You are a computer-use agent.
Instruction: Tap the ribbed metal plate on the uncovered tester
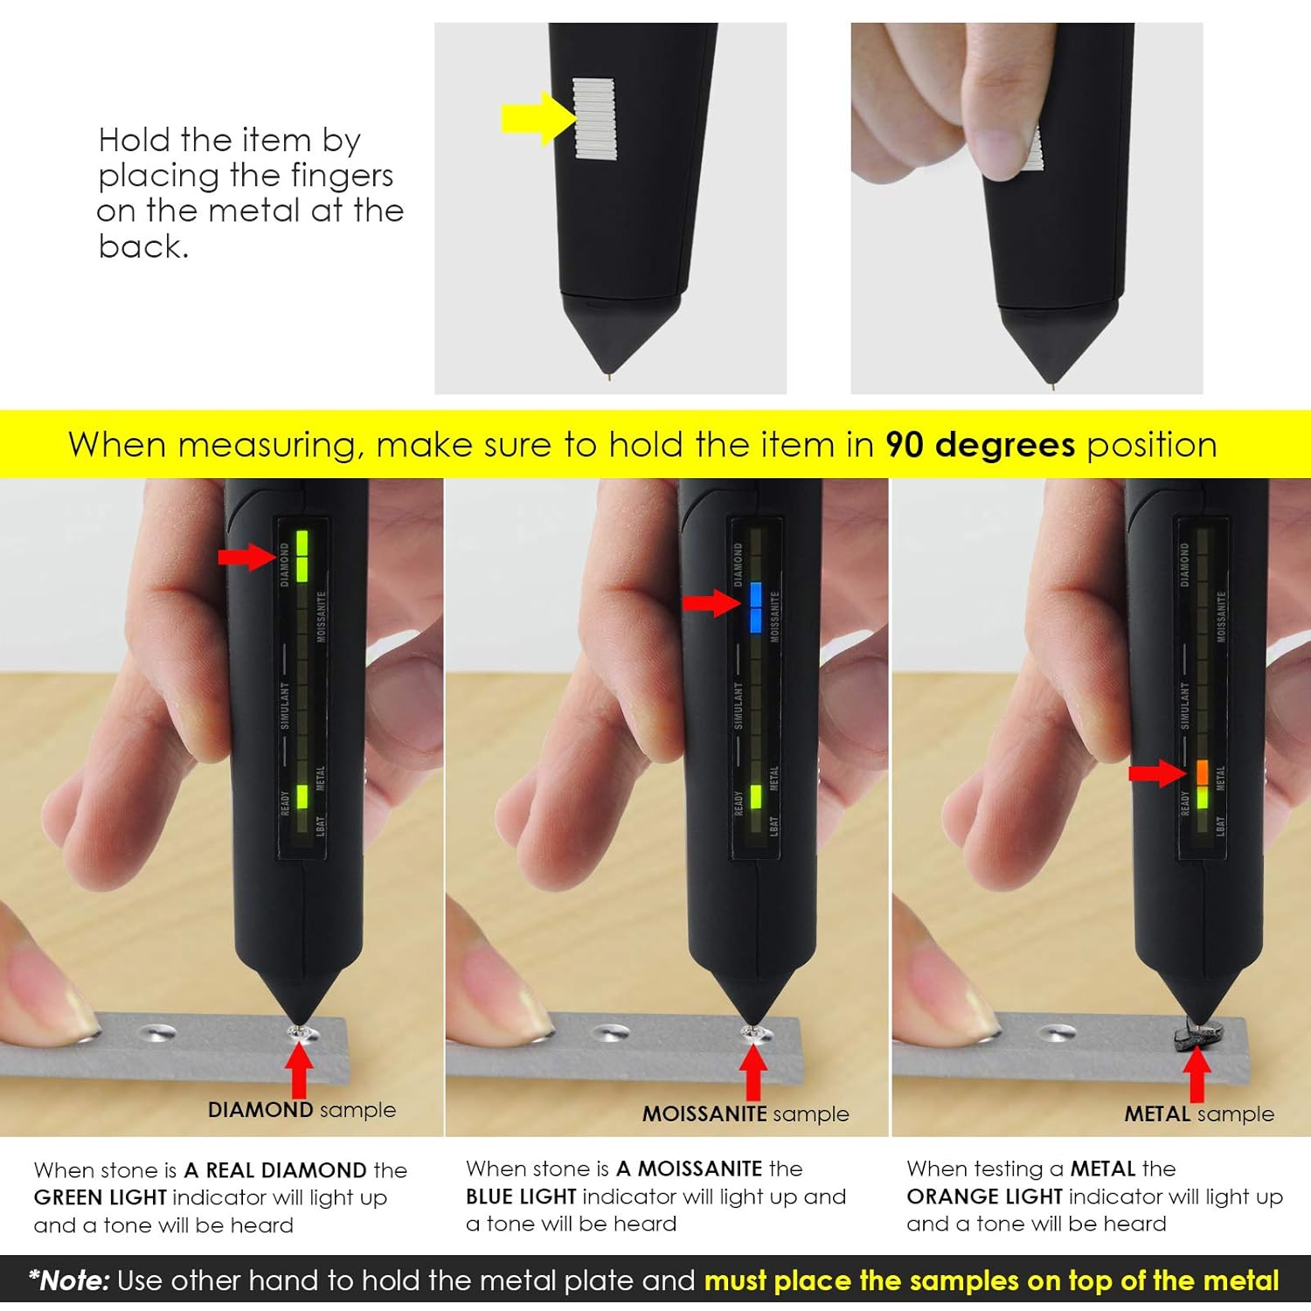pyautogui.click(x=594, y=118)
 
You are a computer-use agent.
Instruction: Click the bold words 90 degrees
pyautogui.click(x=980, y=445)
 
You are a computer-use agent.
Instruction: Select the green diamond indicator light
pyautogui.click(x=302, y=555)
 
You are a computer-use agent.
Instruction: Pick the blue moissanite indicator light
pyautogui.click(x=755, y=607)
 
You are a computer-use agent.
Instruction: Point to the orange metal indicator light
pyautogui.click(x=1203, y=772)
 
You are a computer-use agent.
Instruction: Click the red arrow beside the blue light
pyautogui.click(x=710, y=603)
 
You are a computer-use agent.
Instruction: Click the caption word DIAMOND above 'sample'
pyautogui.click(x=260, y=1110)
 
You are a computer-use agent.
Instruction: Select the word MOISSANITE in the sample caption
pyautogui.click(x=704, y=1114)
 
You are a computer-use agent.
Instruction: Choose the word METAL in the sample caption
pyautogui.click(x=1157, y=1114)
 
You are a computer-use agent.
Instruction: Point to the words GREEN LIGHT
pyautogui.click(x=100, y=1197)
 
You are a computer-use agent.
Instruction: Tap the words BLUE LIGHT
pyautogui.click(x=521, y=1197)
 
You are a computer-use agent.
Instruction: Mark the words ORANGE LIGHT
pyautogui.click(x=984, y=1197)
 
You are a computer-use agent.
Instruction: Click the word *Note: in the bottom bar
pyautogui.click(x=69, y=1281)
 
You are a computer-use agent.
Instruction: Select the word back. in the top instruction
pyautogui.click(x=142, y=247)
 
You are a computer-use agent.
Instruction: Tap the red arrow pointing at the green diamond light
pyautogui.click(x=246, y=557)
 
